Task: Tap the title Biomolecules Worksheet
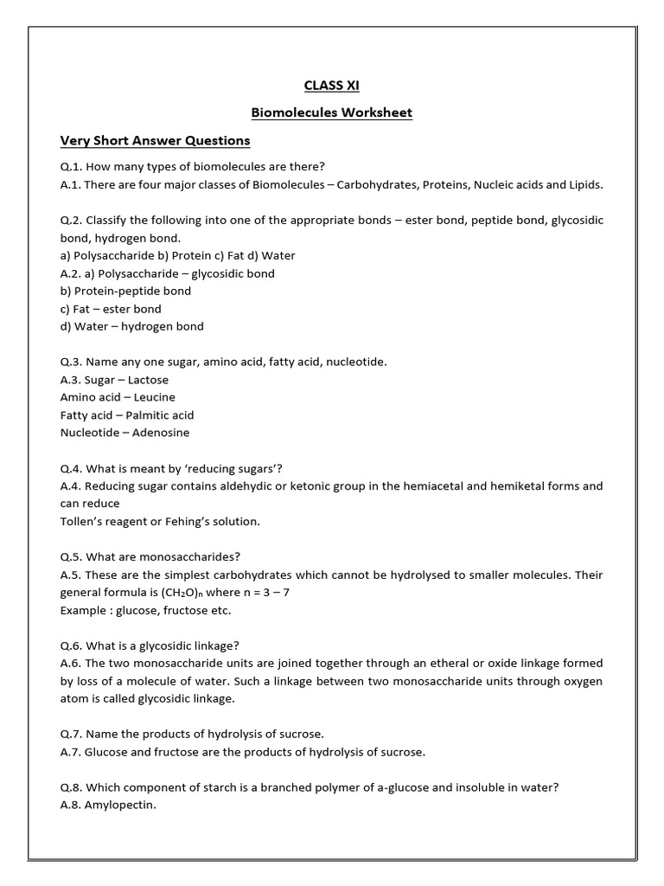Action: click(x=331, y=112)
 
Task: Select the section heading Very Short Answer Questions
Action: click(x=155, y=140)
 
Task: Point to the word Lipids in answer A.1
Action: click(x=586, y=184)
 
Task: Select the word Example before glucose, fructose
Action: click(x=83, y=610)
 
